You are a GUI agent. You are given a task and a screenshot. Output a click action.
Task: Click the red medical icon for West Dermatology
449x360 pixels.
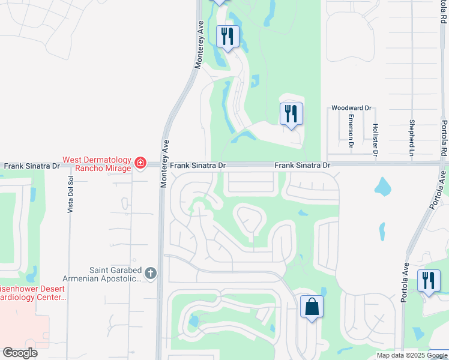(x=140, y=163)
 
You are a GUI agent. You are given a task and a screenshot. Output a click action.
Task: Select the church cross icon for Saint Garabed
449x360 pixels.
(x=150, y=274)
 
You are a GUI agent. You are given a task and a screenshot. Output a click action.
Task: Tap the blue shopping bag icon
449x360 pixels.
(x=312, y=307)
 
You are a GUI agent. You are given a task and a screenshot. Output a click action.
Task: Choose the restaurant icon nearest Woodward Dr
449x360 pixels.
(x=291, y=113)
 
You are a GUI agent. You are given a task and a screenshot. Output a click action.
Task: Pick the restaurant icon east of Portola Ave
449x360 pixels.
(x=429, y=281)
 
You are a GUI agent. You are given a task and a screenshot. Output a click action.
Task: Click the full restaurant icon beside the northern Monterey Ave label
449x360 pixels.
(x=228, y=37)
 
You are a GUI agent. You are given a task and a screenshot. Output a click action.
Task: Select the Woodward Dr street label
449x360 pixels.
(x=352, y=109)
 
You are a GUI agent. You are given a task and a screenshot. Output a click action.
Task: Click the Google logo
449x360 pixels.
(x=20, y=353)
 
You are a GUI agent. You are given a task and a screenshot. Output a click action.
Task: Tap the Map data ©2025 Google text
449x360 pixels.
(x=412, y=355)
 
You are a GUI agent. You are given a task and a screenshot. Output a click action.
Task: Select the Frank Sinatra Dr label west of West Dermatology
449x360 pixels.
(x=32, y=165)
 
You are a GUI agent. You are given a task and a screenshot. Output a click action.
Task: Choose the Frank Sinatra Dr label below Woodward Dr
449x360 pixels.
(x=303, y=165)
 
